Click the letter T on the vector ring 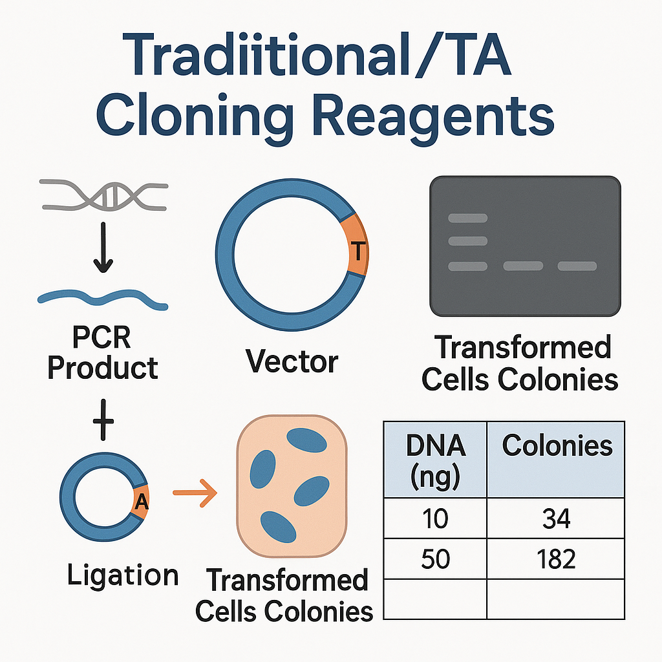[x=358, y=251]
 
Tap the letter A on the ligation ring [x=142, y=502]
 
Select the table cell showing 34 [x=555, y=518]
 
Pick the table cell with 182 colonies [x=555, y=559]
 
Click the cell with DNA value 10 [x=435, y=518]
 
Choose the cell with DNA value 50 [x=435, y=559]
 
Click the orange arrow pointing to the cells [x=195, y=493]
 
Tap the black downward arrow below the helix [x=103, y=248]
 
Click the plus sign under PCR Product [x=103, y=420]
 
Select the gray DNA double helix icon [x=104, y=195]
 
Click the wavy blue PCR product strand [x=103, y=299]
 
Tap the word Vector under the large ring [x=292, y=361]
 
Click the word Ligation [x=123, y=576]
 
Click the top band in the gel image [x=468, y=218]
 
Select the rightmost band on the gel [x=577, y=266]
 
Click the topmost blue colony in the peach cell [x=306, y=440]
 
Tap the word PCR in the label [x=101, y=337]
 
